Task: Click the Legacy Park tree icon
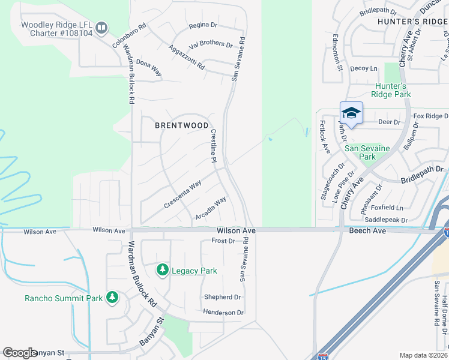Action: coord(162,271)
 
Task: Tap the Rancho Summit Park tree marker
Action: coord(112,298)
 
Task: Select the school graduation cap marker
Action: coord(351,113)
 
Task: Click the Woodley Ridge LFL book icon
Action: coord(102,28)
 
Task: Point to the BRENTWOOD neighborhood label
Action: coord(182,125)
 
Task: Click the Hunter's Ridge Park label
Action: coord(391,90)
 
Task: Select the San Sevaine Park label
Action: coord(367,152)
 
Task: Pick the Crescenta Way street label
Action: coord(182,196)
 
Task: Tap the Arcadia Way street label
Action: coord(211,208)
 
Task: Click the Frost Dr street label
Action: coord(223,241)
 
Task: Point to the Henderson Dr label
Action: coord(223,312)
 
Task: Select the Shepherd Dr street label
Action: coord(222,297)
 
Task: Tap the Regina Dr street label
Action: coord(202,25)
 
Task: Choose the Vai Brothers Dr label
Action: coord(211,44)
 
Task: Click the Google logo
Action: coord(20,353)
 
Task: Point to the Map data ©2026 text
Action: coord(424,355)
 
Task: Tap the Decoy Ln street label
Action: coord(364,68)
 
